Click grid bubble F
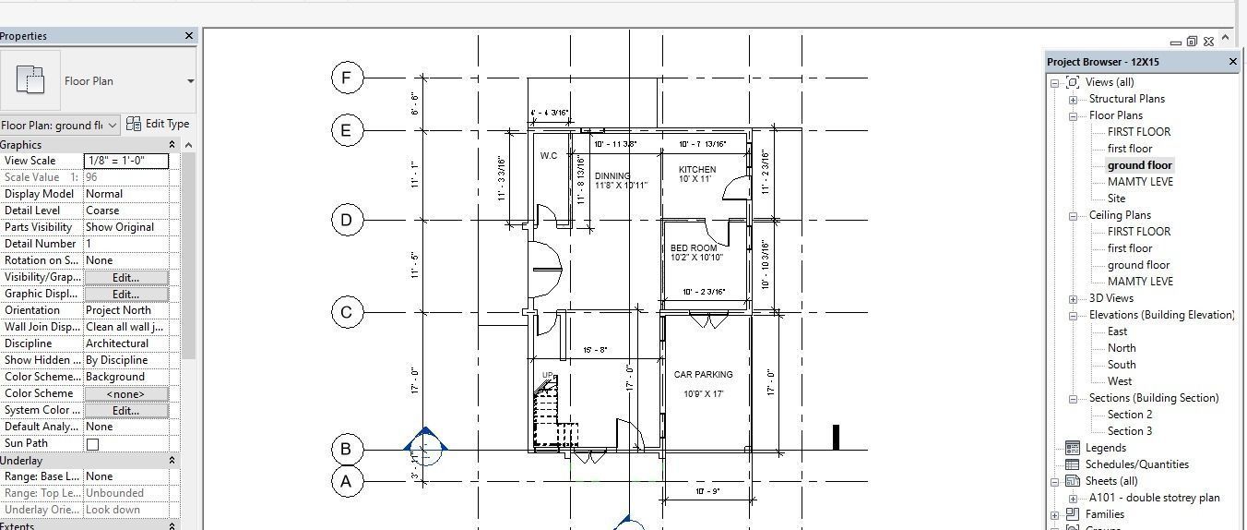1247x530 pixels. [x=347, y=78]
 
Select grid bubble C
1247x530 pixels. [x=347, y=312]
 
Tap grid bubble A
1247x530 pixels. [x=347, y=481]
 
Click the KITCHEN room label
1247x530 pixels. [x=696, y=170]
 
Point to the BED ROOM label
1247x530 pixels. [x=694, y=248]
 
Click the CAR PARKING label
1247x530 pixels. [x=703, y=375]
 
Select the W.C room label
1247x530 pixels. [x=549, y=156]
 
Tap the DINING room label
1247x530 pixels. [x=612, y=175]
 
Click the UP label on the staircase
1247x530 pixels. [x=548, y=376]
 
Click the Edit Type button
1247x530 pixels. [x=158, y=124]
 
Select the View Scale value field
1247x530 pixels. [x=126, y=161]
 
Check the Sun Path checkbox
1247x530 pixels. [x=92, y=444]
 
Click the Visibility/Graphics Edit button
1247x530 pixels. [x=126, y=277]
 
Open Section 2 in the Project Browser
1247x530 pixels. [x=1130, y=415]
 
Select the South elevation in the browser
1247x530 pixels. [x=1122, y=365]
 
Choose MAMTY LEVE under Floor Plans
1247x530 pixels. [x=1140, y=182]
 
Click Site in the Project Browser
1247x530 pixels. [x=1116, y=199]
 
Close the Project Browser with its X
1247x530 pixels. [x=1233, y=62]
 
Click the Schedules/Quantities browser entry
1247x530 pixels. [x=1136, y=464]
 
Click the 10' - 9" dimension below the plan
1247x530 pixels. [x=707, y=491]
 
